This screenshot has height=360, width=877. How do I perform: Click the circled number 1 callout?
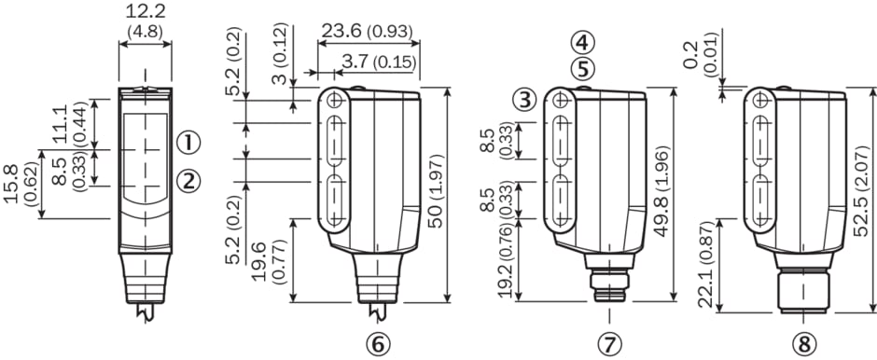pos(188,143)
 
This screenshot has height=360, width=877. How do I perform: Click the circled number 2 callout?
pos(188,180)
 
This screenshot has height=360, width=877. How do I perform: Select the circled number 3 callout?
pos(524,100)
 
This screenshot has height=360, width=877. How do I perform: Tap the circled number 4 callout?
pos(583,42)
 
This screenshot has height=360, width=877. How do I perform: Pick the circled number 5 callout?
pos(583,69)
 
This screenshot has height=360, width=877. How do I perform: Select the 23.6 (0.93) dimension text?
pos(367,31)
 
